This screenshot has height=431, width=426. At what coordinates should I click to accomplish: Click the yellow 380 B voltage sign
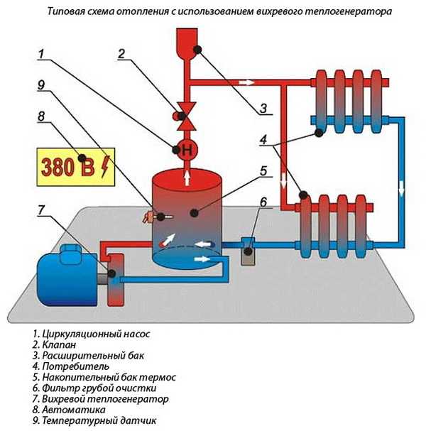(75, 168)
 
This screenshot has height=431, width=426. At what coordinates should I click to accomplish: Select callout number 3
(263, 109)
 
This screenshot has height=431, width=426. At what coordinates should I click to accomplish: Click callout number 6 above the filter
(263, 203)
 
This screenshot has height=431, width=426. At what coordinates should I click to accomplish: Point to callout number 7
(42, 209)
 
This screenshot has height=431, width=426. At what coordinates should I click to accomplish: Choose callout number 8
(42, 115)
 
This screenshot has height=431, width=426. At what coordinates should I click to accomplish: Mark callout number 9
(42, 84)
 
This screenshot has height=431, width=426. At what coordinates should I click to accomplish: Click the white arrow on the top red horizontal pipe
(245, 82)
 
